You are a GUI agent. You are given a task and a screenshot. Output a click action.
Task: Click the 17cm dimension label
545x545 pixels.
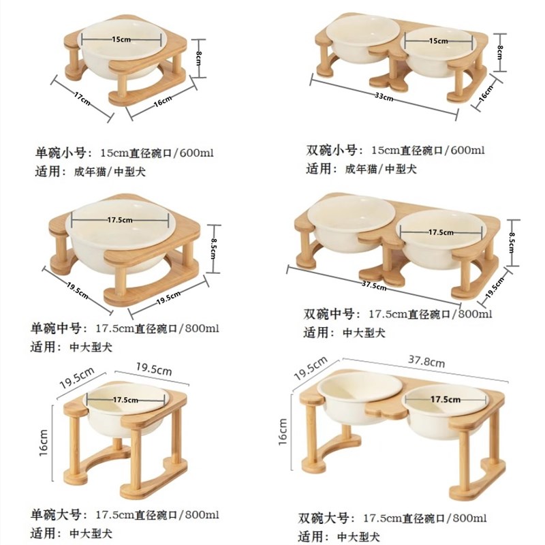82,99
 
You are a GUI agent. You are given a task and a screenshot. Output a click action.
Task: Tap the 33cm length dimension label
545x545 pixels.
384,97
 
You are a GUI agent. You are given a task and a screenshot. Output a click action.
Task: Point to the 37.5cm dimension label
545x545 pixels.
374,285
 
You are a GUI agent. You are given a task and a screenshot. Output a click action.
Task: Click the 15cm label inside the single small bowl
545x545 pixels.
121,39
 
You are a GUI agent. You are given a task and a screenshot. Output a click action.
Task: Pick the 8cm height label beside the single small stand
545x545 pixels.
198,58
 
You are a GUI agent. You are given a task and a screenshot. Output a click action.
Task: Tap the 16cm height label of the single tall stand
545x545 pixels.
43,442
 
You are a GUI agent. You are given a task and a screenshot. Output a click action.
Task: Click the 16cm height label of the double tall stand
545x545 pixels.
283,432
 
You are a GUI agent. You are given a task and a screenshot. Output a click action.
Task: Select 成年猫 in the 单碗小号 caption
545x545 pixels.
90,172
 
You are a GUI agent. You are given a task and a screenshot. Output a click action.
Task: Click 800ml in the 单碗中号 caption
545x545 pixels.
202,328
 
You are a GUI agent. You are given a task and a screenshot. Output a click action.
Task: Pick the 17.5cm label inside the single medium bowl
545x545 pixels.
120,220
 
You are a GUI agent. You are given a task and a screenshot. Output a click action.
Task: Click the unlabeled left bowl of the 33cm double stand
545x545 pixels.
362,39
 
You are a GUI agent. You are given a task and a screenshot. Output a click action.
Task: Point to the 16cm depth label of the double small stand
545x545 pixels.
486,93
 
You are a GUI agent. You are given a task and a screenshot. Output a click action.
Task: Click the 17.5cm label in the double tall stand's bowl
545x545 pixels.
446,399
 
